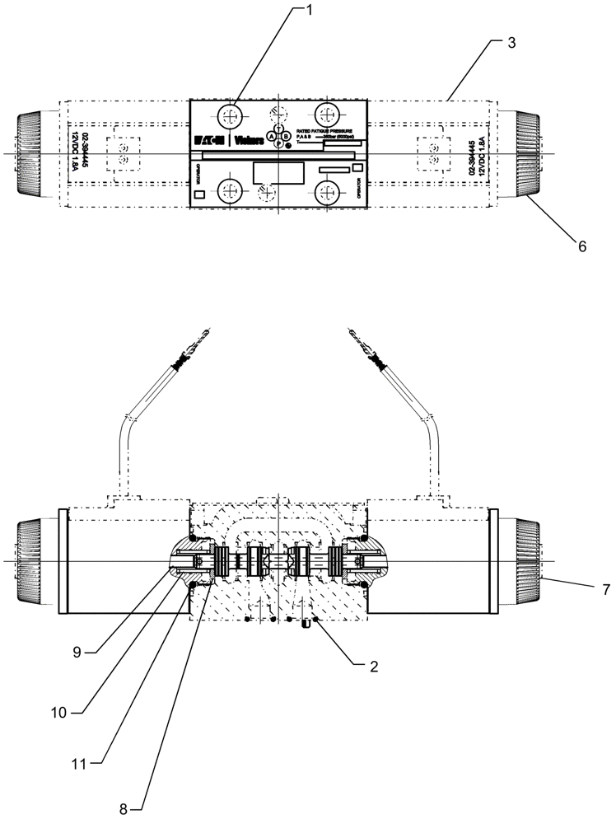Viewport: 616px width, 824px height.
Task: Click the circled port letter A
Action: (x=271, y=137)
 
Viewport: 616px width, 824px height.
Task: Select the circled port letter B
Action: (x=286, y=137)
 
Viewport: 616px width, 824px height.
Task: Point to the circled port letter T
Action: (x=278, y=129)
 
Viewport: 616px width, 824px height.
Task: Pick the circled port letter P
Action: (x=278, y=144)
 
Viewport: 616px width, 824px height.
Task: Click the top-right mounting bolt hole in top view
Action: (x=329, y=114)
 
